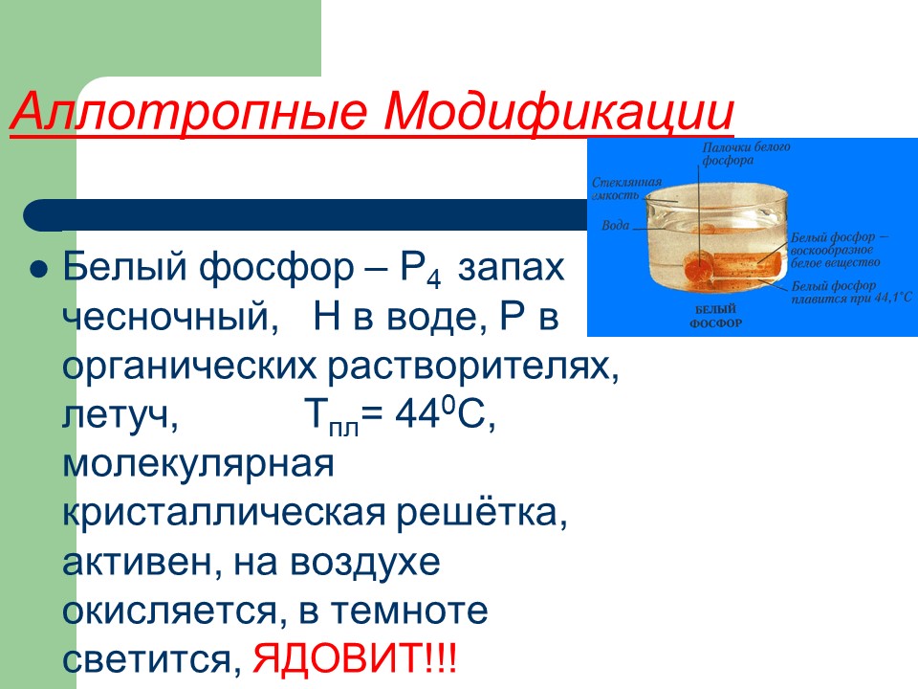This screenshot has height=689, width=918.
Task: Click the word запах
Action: point(510,268)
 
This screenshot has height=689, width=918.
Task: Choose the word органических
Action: point(190,367)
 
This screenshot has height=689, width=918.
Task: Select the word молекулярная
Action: point(198,465)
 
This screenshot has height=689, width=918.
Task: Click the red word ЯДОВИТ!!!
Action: point(355,660)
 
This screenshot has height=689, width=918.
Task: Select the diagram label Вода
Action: point(615,227)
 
